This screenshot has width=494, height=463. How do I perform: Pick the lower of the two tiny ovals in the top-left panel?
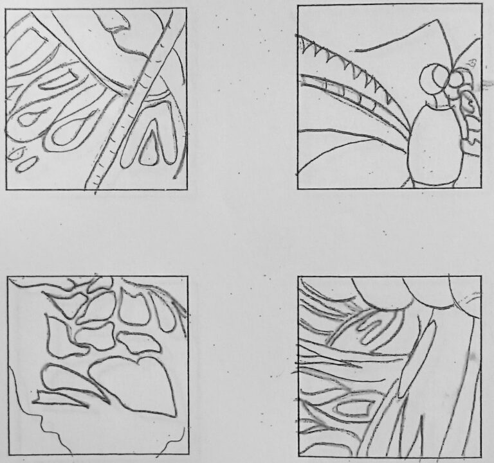26,164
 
